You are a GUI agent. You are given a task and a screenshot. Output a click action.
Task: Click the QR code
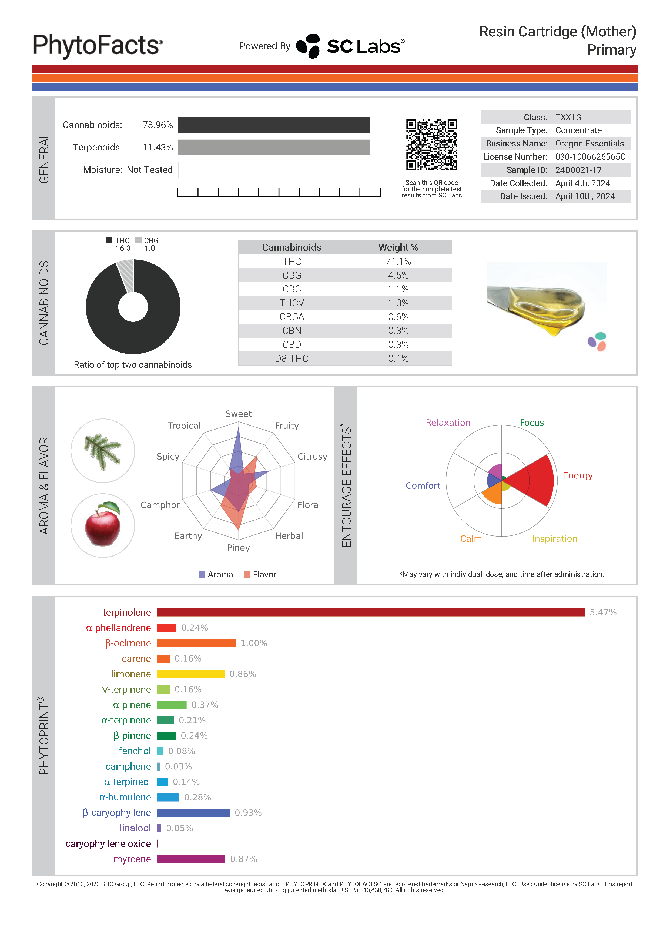(431, 145)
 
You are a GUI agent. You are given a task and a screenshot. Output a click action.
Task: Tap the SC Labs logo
(350, 46)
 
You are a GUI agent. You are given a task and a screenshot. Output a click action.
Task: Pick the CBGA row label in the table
(292, 317)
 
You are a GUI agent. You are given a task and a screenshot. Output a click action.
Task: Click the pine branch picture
(103, 451)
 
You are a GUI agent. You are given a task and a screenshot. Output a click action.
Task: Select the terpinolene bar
(370, 612)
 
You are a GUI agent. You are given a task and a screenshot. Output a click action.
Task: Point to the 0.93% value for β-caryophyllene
(248, 813)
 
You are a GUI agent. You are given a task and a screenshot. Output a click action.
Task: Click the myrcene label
(132, 859)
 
